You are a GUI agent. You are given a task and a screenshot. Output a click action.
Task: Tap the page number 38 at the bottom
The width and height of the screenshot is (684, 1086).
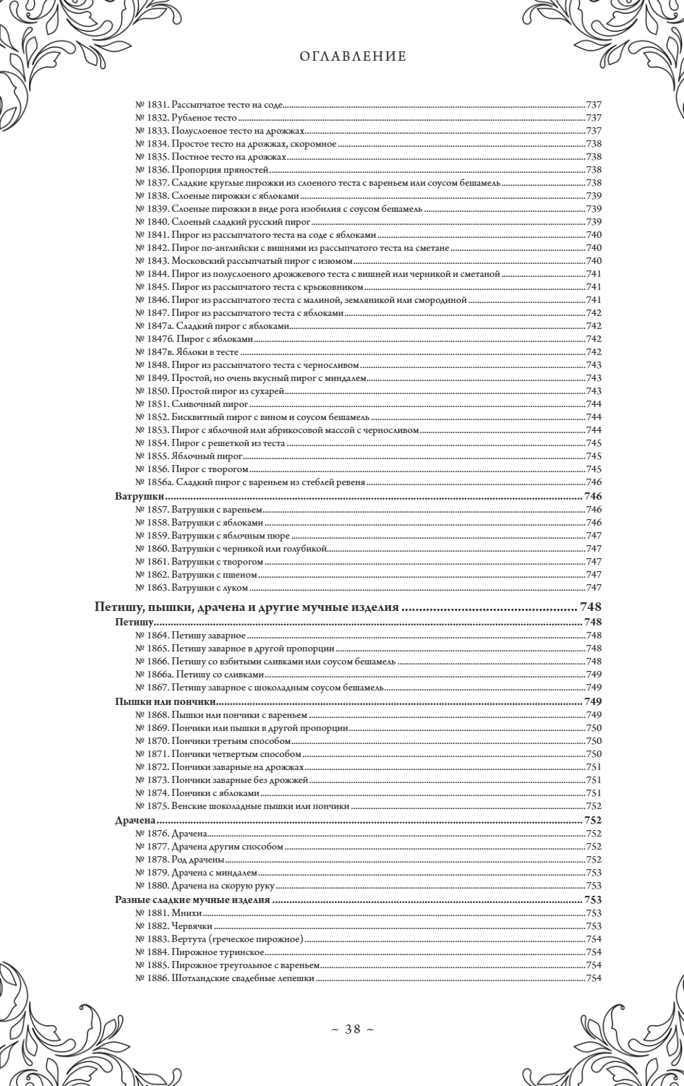tap(352, 1030)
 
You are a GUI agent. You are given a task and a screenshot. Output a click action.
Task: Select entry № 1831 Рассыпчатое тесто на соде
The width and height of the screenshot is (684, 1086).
tap(209, 105)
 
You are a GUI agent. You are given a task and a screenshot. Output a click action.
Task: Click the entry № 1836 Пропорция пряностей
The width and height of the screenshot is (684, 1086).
tap(202, 170)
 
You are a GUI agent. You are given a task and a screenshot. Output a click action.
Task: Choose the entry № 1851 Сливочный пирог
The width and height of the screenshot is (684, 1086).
tap(192, 404)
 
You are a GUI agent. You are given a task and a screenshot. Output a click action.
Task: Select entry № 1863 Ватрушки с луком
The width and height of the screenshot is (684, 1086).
tap(192, 588)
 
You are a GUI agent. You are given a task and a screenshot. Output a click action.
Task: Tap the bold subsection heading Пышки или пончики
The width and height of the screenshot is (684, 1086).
tap(167, 701)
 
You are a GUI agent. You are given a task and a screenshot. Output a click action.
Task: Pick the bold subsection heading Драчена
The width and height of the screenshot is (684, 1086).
tap(137, 821)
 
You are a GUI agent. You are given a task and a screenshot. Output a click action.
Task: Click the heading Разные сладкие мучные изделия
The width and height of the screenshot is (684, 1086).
tap(192, 900)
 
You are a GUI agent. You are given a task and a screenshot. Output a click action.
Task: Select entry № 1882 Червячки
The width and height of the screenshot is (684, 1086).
tap(174, 926)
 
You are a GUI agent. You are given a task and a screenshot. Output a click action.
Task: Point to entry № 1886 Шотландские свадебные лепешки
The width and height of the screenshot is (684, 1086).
tap(225, 978)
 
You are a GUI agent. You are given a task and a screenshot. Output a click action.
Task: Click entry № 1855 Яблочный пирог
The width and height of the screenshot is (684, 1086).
tap(188, 456)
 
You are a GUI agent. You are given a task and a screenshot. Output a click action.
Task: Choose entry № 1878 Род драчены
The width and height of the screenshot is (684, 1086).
tap(179, 860)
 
